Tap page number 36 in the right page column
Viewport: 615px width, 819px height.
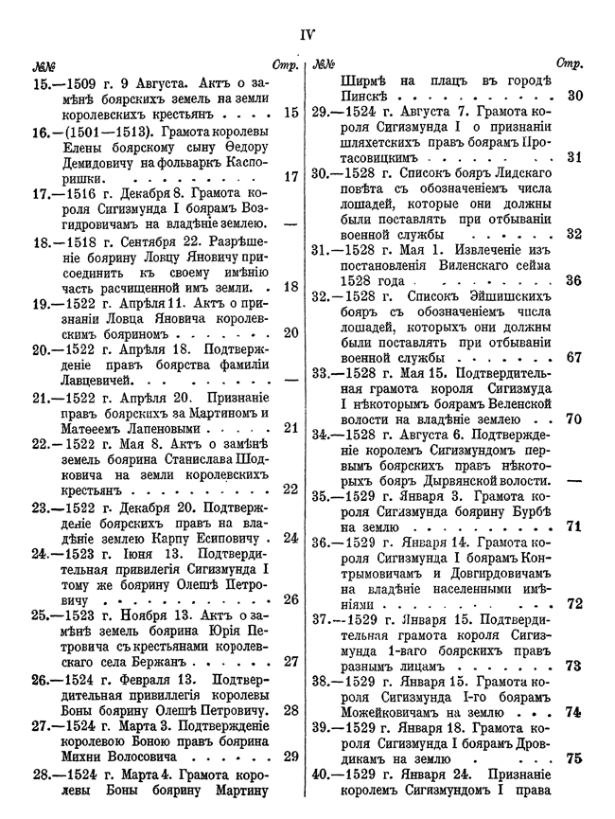[x=573, y=280]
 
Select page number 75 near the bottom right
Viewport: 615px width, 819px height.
[x=573, y=757]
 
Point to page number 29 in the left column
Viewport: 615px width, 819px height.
[x=290, y=757]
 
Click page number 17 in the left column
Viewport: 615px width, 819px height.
[x=290, y=175]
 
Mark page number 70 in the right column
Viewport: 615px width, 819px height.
[x=573, y=418]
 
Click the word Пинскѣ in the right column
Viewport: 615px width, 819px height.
[x=363, y=97]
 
